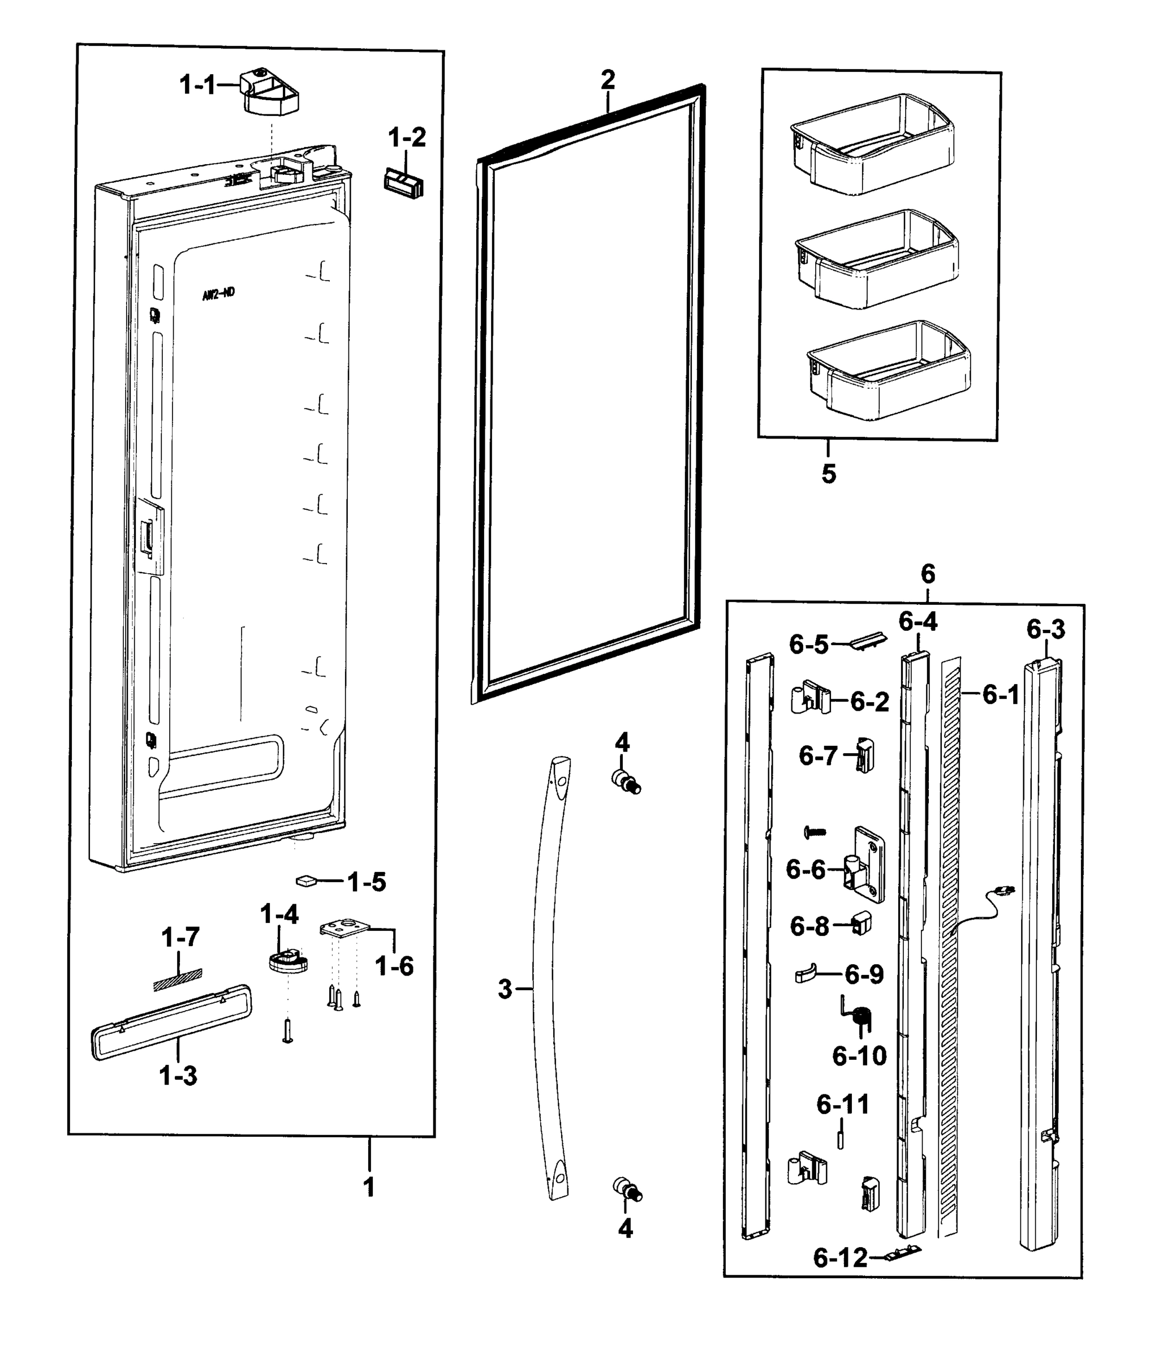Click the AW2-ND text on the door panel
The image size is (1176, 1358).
[x=218, y=294]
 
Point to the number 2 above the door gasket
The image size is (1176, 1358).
[x=608, y=80]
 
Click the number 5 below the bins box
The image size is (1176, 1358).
[x=828, y=474]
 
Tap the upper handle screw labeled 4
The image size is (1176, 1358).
[x=626, y=783]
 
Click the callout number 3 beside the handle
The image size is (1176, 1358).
[x=504, y=989]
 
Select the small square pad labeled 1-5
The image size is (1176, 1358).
[x=306, y=881]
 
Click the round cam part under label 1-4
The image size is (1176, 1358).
[x=287, y=962]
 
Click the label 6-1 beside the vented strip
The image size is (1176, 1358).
[x=1000, y=694]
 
